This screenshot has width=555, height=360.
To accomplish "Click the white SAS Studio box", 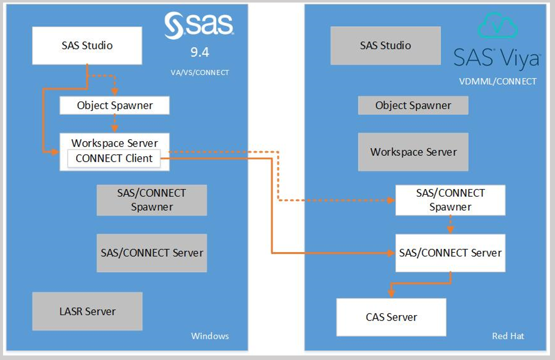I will [87, 45].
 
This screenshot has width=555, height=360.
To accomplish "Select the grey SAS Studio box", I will [385, 45].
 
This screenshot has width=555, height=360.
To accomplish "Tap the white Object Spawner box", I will [115, 105].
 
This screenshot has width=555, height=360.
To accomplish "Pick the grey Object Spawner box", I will [413, 105].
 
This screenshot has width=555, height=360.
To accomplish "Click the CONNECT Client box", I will [114, 158].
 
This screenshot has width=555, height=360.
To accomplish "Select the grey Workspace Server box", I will [413, 152].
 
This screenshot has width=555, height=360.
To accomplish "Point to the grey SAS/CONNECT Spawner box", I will [152, 200].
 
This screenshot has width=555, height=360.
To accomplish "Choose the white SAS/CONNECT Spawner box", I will [450, 200].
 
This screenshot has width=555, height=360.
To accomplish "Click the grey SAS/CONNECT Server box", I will [152, 253].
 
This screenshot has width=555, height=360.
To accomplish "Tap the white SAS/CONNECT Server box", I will [450, 253].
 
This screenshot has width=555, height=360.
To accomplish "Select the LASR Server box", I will [87, 311].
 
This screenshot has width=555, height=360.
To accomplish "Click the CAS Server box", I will [392, 317].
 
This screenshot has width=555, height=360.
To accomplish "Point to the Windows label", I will [210, 336].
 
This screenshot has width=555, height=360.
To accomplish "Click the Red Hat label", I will [508, 336].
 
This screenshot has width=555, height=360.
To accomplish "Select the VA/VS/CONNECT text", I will [200, 73].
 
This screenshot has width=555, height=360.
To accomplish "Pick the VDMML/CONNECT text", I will [497, 81].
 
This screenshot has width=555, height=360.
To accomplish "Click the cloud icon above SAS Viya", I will [497, 25].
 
